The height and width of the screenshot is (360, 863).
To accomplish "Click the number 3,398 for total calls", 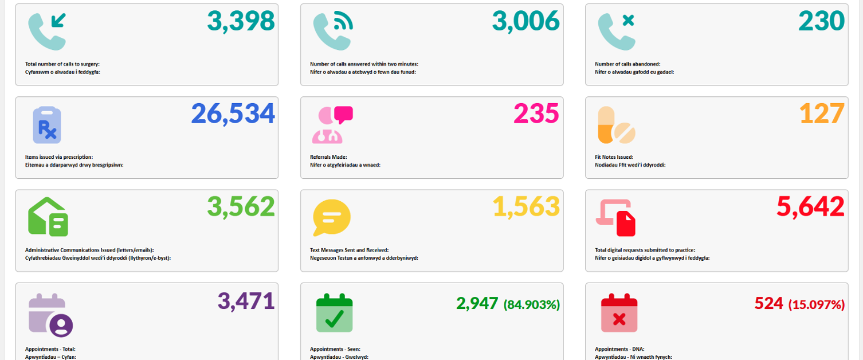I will click(241, 21).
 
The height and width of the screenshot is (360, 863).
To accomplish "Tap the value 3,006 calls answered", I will click(525, 21).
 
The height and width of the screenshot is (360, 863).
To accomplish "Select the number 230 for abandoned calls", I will click(821, 21).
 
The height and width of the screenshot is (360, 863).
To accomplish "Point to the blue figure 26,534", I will click(233, 114).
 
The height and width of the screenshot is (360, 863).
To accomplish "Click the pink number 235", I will click(536, 114).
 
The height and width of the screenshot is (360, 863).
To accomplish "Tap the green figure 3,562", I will click(241, 207).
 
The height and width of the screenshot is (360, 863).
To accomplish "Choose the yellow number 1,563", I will click(525, 207).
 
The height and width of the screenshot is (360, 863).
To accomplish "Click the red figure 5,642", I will click(810, 207).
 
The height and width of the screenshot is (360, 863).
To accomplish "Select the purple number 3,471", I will click(246, 301).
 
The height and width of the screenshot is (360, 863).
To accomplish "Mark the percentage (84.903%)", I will click(531, 304).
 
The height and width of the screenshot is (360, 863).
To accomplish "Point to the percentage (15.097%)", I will click(816, 304).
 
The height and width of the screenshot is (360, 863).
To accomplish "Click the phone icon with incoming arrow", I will click(47, 31).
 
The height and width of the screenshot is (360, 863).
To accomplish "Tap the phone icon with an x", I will click(617, 31).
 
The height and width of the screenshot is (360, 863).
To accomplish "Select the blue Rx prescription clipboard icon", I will click(47, 124).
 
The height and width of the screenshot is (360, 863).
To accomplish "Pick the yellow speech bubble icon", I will click(331, 218).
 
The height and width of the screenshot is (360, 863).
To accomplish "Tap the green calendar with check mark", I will click(334, 312).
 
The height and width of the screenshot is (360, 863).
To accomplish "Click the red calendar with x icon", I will click(619, 312).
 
